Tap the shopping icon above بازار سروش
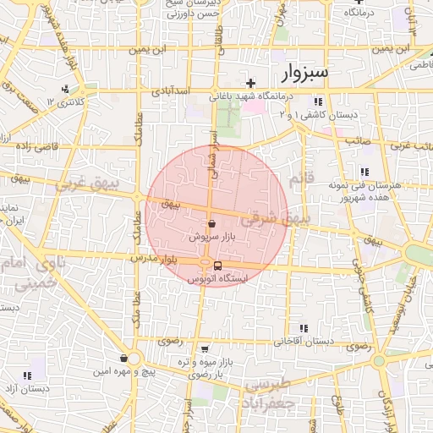tap(211, 224)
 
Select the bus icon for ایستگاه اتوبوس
tap(218, 266)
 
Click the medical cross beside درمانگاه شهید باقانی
tap(250, 83)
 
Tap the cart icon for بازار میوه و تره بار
tap(205, 348)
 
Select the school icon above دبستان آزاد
tap(28, 375)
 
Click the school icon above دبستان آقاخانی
tap(304, 328)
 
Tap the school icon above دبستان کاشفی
tap(317, 101)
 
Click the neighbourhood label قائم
tap(301, 180)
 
